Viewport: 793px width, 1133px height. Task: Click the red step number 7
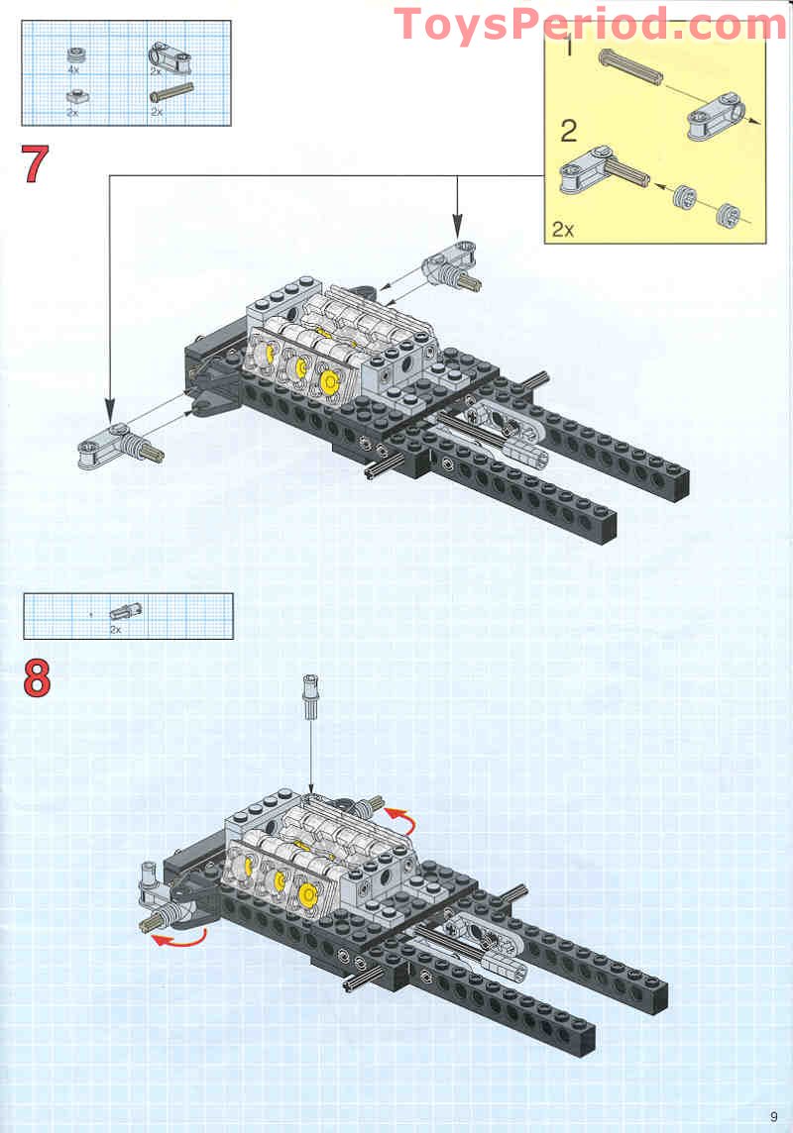pyautogui.click(x=36, y=164)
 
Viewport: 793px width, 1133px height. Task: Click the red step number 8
pyautogui.click(x=37, y=678)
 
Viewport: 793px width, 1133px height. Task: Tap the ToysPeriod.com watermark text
pyautogui.click(x=591, y=24)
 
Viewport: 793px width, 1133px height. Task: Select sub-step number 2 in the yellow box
pyautogui.click(x=568, y=130)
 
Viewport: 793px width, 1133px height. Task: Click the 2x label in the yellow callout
pyautogui.click(x=562, y=230)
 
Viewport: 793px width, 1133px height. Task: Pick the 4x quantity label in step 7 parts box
pyautogui.click(x=73, y=71)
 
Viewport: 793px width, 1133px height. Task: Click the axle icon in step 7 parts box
pyautogui.click(x=170, y=95)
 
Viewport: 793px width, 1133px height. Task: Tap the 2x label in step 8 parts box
pyautogui.click(x=115, y=629)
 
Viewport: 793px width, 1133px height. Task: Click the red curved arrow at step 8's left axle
pyautogui.click(x=178, y=939)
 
